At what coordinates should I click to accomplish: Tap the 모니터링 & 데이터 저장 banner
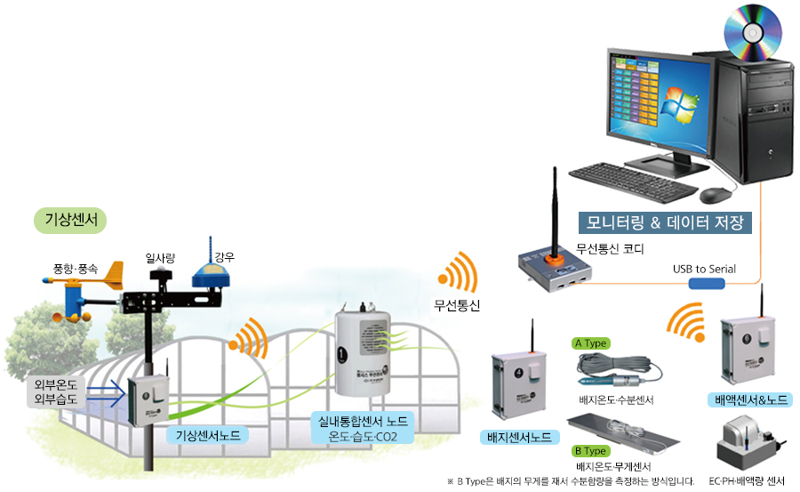[x=665, y=222]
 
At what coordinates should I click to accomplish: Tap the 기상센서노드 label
[x=207, y=435]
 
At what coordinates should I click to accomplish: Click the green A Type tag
[x=590, y=343]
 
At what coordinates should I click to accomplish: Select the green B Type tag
[x=590, y=450]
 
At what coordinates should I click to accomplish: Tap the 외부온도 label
[x=55, y=384]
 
